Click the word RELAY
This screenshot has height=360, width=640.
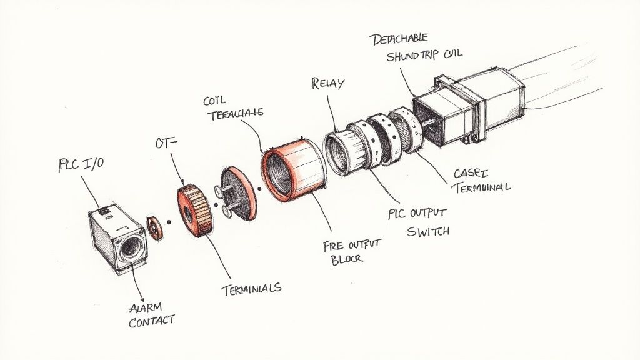click(x=327, y=84)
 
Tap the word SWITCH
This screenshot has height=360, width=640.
click(x=429, y=231)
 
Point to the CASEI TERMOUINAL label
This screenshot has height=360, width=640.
click(x=479, y=179)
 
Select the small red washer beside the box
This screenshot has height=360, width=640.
click(x=154, y=226)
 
